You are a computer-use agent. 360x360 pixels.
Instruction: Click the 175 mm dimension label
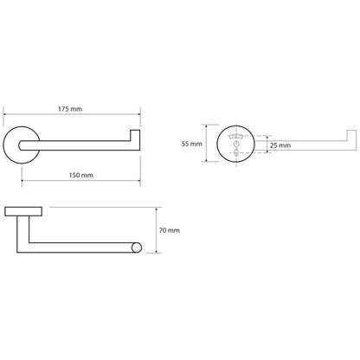click(70, 109)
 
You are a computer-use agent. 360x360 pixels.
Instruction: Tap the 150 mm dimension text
click(80, 175)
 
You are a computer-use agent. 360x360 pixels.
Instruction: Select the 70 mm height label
click(170, 230)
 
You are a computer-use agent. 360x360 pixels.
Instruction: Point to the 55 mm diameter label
click(192, 144)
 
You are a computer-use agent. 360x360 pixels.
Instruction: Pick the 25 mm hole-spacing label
click(280, 145)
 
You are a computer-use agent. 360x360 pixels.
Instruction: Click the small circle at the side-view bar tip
click(137, 247)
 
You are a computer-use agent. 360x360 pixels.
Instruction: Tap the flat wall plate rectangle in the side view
click(23, 211)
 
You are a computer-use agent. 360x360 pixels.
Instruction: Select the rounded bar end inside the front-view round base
click(22, 145)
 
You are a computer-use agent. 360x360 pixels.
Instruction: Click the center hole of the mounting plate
click(236, 144)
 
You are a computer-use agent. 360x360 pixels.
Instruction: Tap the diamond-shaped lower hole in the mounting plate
click(236, 153)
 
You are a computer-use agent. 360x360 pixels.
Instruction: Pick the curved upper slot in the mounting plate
click(236, 137)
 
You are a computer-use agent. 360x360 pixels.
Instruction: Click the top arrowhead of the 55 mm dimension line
click(206, 126)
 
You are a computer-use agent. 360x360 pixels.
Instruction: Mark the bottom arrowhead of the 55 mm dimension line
click(206, 160)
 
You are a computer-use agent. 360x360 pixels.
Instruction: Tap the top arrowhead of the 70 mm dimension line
click(156, 209)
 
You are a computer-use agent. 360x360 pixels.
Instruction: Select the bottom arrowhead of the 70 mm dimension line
click(156, 251)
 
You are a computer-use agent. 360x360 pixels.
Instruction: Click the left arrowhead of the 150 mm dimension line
click(23, 181)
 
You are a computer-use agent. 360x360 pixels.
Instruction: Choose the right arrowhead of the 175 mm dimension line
click(138, 114)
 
